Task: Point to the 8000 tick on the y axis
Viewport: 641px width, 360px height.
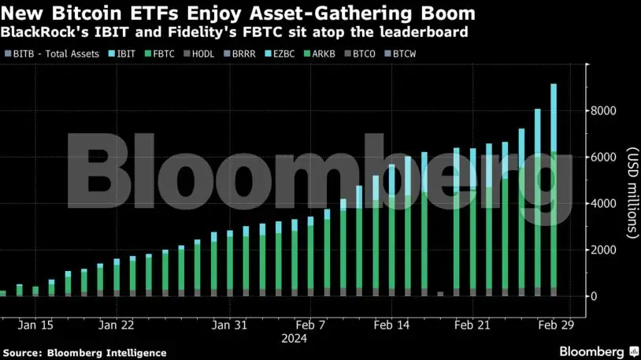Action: click(606, 111)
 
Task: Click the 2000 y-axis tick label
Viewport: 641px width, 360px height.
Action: click(606, 251)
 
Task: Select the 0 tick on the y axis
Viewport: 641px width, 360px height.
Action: click(596, 296)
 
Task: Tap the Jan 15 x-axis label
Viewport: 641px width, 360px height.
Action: click(36, 325)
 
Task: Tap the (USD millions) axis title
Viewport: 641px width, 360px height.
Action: click(630, 193)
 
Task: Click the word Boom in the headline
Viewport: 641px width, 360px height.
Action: click(443, 13)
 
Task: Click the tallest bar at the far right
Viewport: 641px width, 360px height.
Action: click(554, 189)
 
